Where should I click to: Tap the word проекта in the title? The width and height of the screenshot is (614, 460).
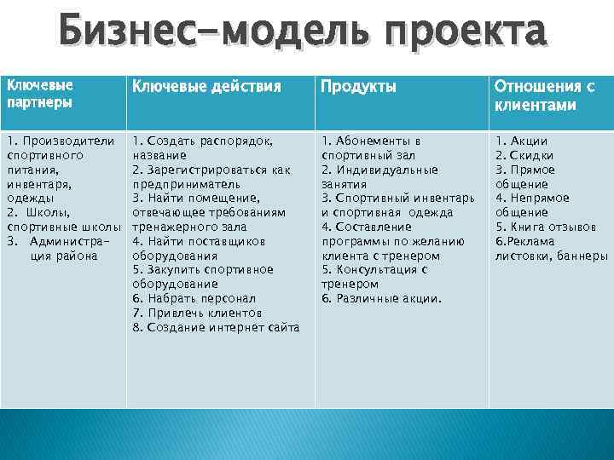point(465,33)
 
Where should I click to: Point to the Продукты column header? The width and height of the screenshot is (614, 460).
point(358,86)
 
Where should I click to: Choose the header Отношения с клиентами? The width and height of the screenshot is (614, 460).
point(544,95)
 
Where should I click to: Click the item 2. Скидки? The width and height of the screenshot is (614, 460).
point(524,155)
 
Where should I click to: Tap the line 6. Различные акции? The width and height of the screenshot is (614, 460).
point(381,299)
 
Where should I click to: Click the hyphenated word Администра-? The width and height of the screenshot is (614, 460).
point(72,242)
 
